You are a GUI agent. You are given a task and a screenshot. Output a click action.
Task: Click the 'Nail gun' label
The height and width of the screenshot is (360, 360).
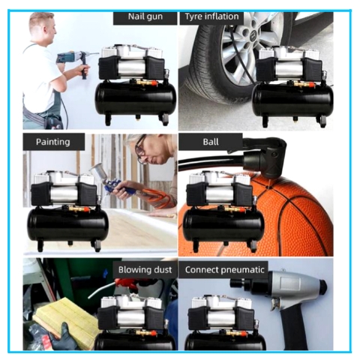pyautogui.click(x=145, y=16)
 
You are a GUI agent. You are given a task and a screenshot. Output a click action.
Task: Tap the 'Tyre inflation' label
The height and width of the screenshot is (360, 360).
pyautogui.click(x=211, y=16)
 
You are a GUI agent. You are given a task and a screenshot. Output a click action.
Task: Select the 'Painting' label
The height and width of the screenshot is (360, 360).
pyautogui.click(x=52, y=142)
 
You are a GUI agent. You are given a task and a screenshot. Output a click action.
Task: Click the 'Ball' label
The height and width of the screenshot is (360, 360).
pyautogui.click(x=211, y=142)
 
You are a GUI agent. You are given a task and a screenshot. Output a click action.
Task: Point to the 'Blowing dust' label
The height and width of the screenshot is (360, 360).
pyautogui.click(x=145, y=270)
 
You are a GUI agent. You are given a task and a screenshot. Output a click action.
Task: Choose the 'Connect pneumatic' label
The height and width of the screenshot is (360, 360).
pyautogui.click(x=224, y=270)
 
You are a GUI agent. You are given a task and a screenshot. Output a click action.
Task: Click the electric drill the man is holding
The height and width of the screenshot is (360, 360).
pyautogui.click(x=75, y=61)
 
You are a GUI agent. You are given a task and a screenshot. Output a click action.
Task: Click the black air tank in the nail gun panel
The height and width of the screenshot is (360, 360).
pyautogui.click(x=136, y=99)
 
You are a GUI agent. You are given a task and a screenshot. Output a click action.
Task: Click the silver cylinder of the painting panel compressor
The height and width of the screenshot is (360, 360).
pyautogui.click(x=64, y=194)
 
